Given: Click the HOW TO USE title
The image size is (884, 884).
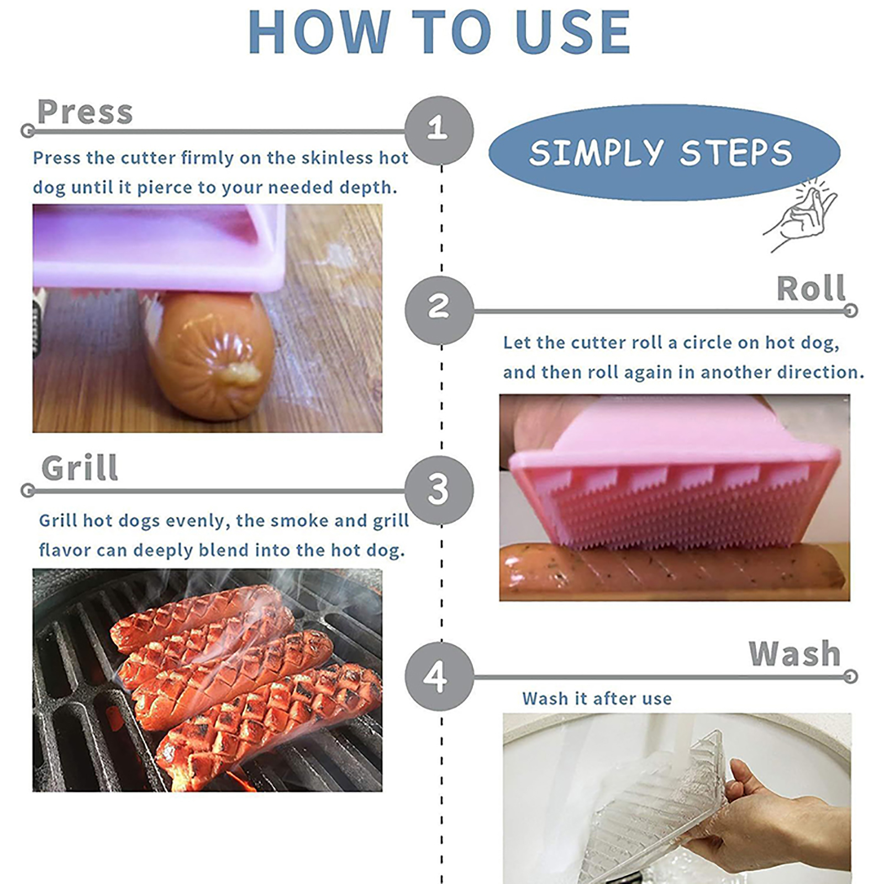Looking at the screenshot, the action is [x=439, y=31].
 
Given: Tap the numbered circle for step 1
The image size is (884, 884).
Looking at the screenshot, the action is [x=439, y=130].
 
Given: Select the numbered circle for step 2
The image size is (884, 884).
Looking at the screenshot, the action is [x=439, y=310].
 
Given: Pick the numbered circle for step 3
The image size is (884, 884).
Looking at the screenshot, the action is [x=439, y=490].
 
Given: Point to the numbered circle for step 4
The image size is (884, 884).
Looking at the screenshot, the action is [x=439, y=676].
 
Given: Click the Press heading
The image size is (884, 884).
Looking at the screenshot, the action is [x=85, y=112].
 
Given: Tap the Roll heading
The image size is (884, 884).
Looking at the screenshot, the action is [x=811, y=288].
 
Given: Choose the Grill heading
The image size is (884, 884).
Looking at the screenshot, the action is [x=80, y=469].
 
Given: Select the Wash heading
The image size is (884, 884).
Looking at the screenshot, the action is [x=794, y=654].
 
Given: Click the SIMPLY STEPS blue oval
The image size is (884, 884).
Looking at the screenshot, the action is [x=664, y=152].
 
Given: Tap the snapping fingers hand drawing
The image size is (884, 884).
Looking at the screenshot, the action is [x=800, y=215].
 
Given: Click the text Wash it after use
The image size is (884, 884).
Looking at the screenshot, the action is [x=597, y=699].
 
